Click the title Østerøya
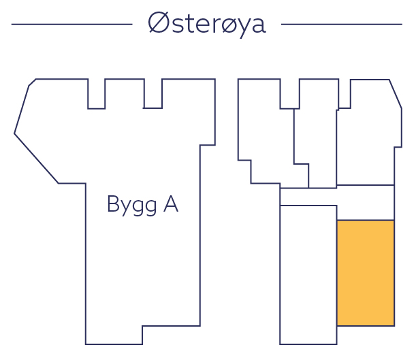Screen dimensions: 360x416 coord(207,24)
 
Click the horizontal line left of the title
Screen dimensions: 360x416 coord(71,24)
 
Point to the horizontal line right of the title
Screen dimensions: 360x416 coord(341,24)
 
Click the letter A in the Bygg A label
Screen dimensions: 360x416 coord(170,203)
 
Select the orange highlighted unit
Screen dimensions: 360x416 coord(366,272)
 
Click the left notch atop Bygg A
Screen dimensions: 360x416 coord(97,95)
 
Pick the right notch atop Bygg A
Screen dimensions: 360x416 coord(153,95)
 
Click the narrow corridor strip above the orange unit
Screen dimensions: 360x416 coord(338,195)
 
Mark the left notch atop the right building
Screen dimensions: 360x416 coord(289,95)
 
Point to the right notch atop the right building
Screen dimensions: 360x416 coord(345,95)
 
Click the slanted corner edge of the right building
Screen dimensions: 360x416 coord(396,94)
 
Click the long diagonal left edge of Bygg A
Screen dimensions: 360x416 coord(36,159)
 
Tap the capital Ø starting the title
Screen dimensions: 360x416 coord(158,24)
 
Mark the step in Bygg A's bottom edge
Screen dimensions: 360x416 coord(142,334)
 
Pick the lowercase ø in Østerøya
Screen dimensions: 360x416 coord(222,25)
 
